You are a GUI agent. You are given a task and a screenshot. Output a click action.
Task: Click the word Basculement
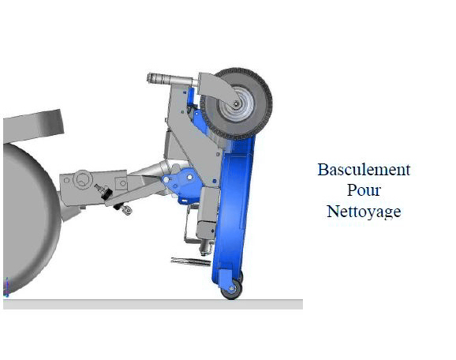pos(364,170)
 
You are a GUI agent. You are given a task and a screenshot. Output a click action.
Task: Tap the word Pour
pos(364,190)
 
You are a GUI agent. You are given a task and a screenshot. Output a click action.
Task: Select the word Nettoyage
pos(364,212)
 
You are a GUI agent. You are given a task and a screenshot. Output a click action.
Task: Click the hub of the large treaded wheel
pos(237,104)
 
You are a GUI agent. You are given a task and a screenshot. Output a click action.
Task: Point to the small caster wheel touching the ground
pos(231,289)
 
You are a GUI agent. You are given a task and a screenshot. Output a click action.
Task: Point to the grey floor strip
pos(153,304)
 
